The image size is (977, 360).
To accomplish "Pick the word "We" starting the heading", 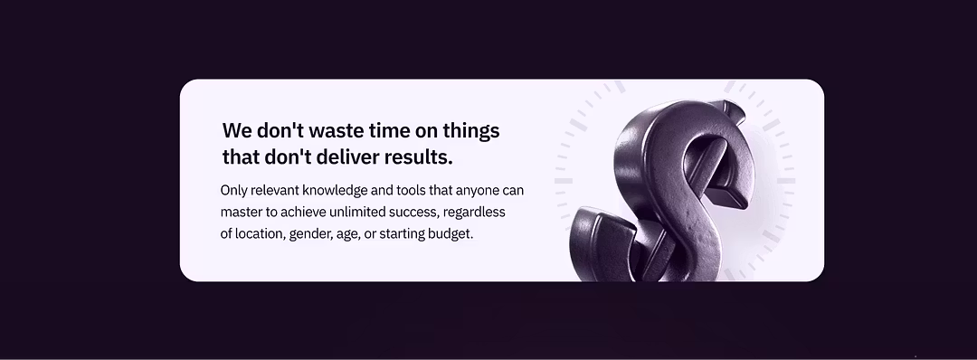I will click(236, 130).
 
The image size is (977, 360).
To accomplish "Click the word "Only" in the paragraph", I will click(234, 191).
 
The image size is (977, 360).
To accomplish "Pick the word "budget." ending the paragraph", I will click(450, 233).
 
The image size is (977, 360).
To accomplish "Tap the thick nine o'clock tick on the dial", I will click(564, 181).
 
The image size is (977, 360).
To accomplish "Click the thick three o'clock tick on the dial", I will click(786, 181).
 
